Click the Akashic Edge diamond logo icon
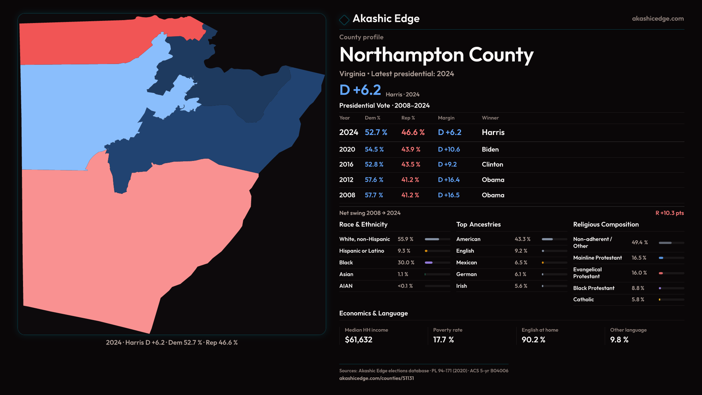pos(344,20)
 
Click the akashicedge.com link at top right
pos(658,19)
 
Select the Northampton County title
pos(436,55)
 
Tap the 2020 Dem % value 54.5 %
pos(374,150)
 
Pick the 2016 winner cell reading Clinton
pos(492,165)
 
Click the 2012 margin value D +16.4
pos(449,180)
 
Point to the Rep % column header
pos(408,118)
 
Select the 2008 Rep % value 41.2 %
pos(410,195)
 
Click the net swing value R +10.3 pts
pos(669,213)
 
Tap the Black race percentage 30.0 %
pos(406,263)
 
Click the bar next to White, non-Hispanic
pos(437,239)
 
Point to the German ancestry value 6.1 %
pos(520,274)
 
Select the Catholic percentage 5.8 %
pos(638,300)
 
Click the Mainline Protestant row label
pos(597,258)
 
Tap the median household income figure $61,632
pos(358,340)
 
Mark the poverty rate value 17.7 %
pos(443,340)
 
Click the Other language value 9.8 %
pos(619,340)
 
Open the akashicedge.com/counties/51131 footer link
pos(376,379)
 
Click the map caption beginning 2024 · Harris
pos(172,343)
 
